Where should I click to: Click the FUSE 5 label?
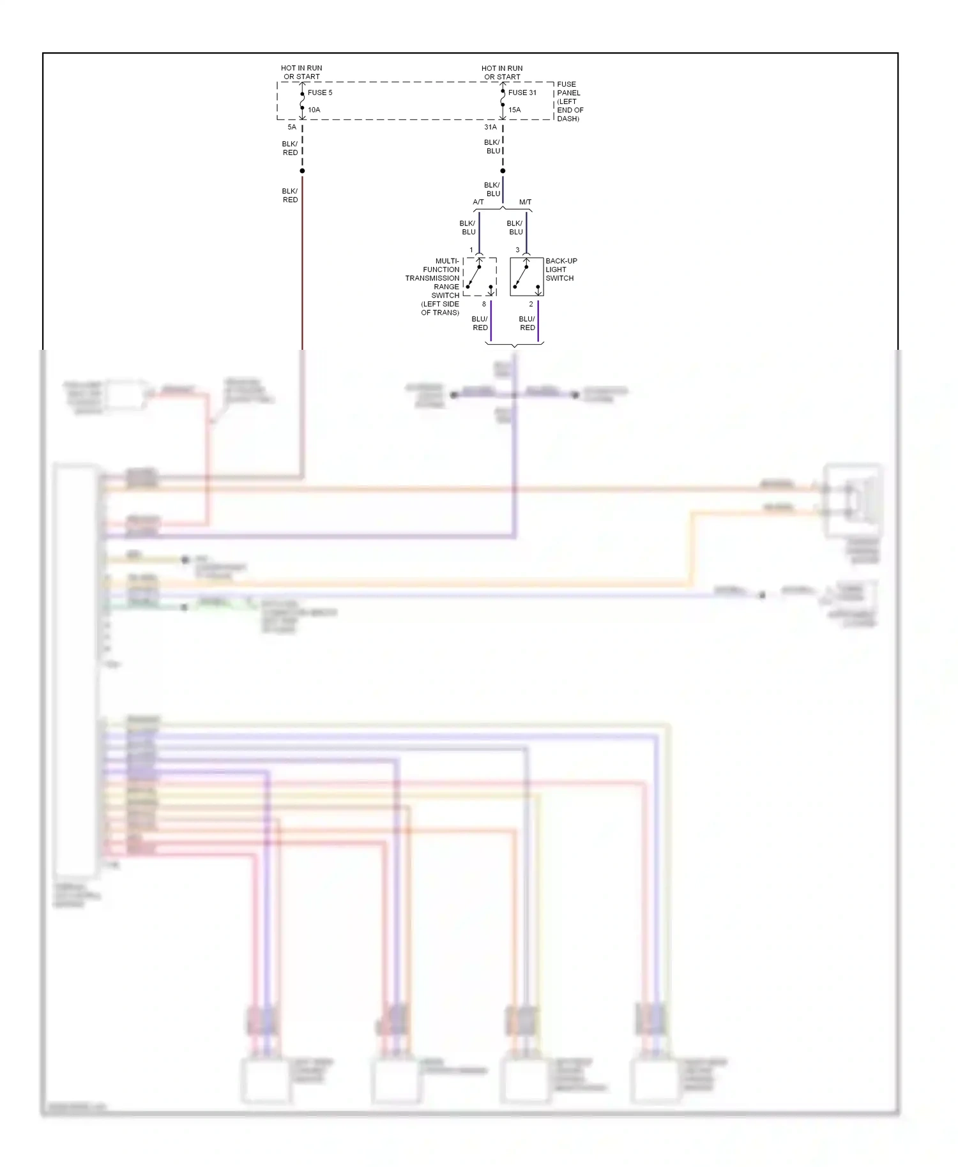point(319,93)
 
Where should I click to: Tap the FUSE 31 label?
point(522,93)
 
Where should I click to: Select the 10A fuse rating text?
point(314,110)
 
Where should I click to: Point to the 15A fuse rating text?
point(514,110)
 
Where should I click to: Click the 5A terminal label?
point(291,127)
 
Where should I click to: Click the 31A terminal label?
point(490,127)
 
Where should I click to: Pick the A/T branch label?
point(478,202)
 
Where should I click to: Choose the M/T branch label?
point(525,202)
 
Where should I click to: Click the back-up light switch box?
point(526,276)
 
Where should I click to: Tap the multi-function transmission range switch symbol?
point(480,276)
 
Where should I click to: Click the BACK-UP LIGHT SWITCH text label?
point(560,269)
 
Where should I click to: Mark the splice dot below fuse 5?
point(302,170)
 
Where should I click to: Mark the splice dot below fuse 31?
point(503,170)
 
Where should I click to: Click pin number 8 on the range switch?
point(483,304)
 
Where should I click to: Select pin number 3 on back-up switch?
point(517,250)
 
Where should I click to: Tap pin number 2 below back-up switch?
point(531,304)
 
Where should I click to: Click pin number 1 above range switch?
point(471,250)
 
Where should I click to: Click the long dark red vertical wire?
point(302,268)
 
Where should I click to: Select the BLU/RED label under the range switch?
point(480,323)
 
